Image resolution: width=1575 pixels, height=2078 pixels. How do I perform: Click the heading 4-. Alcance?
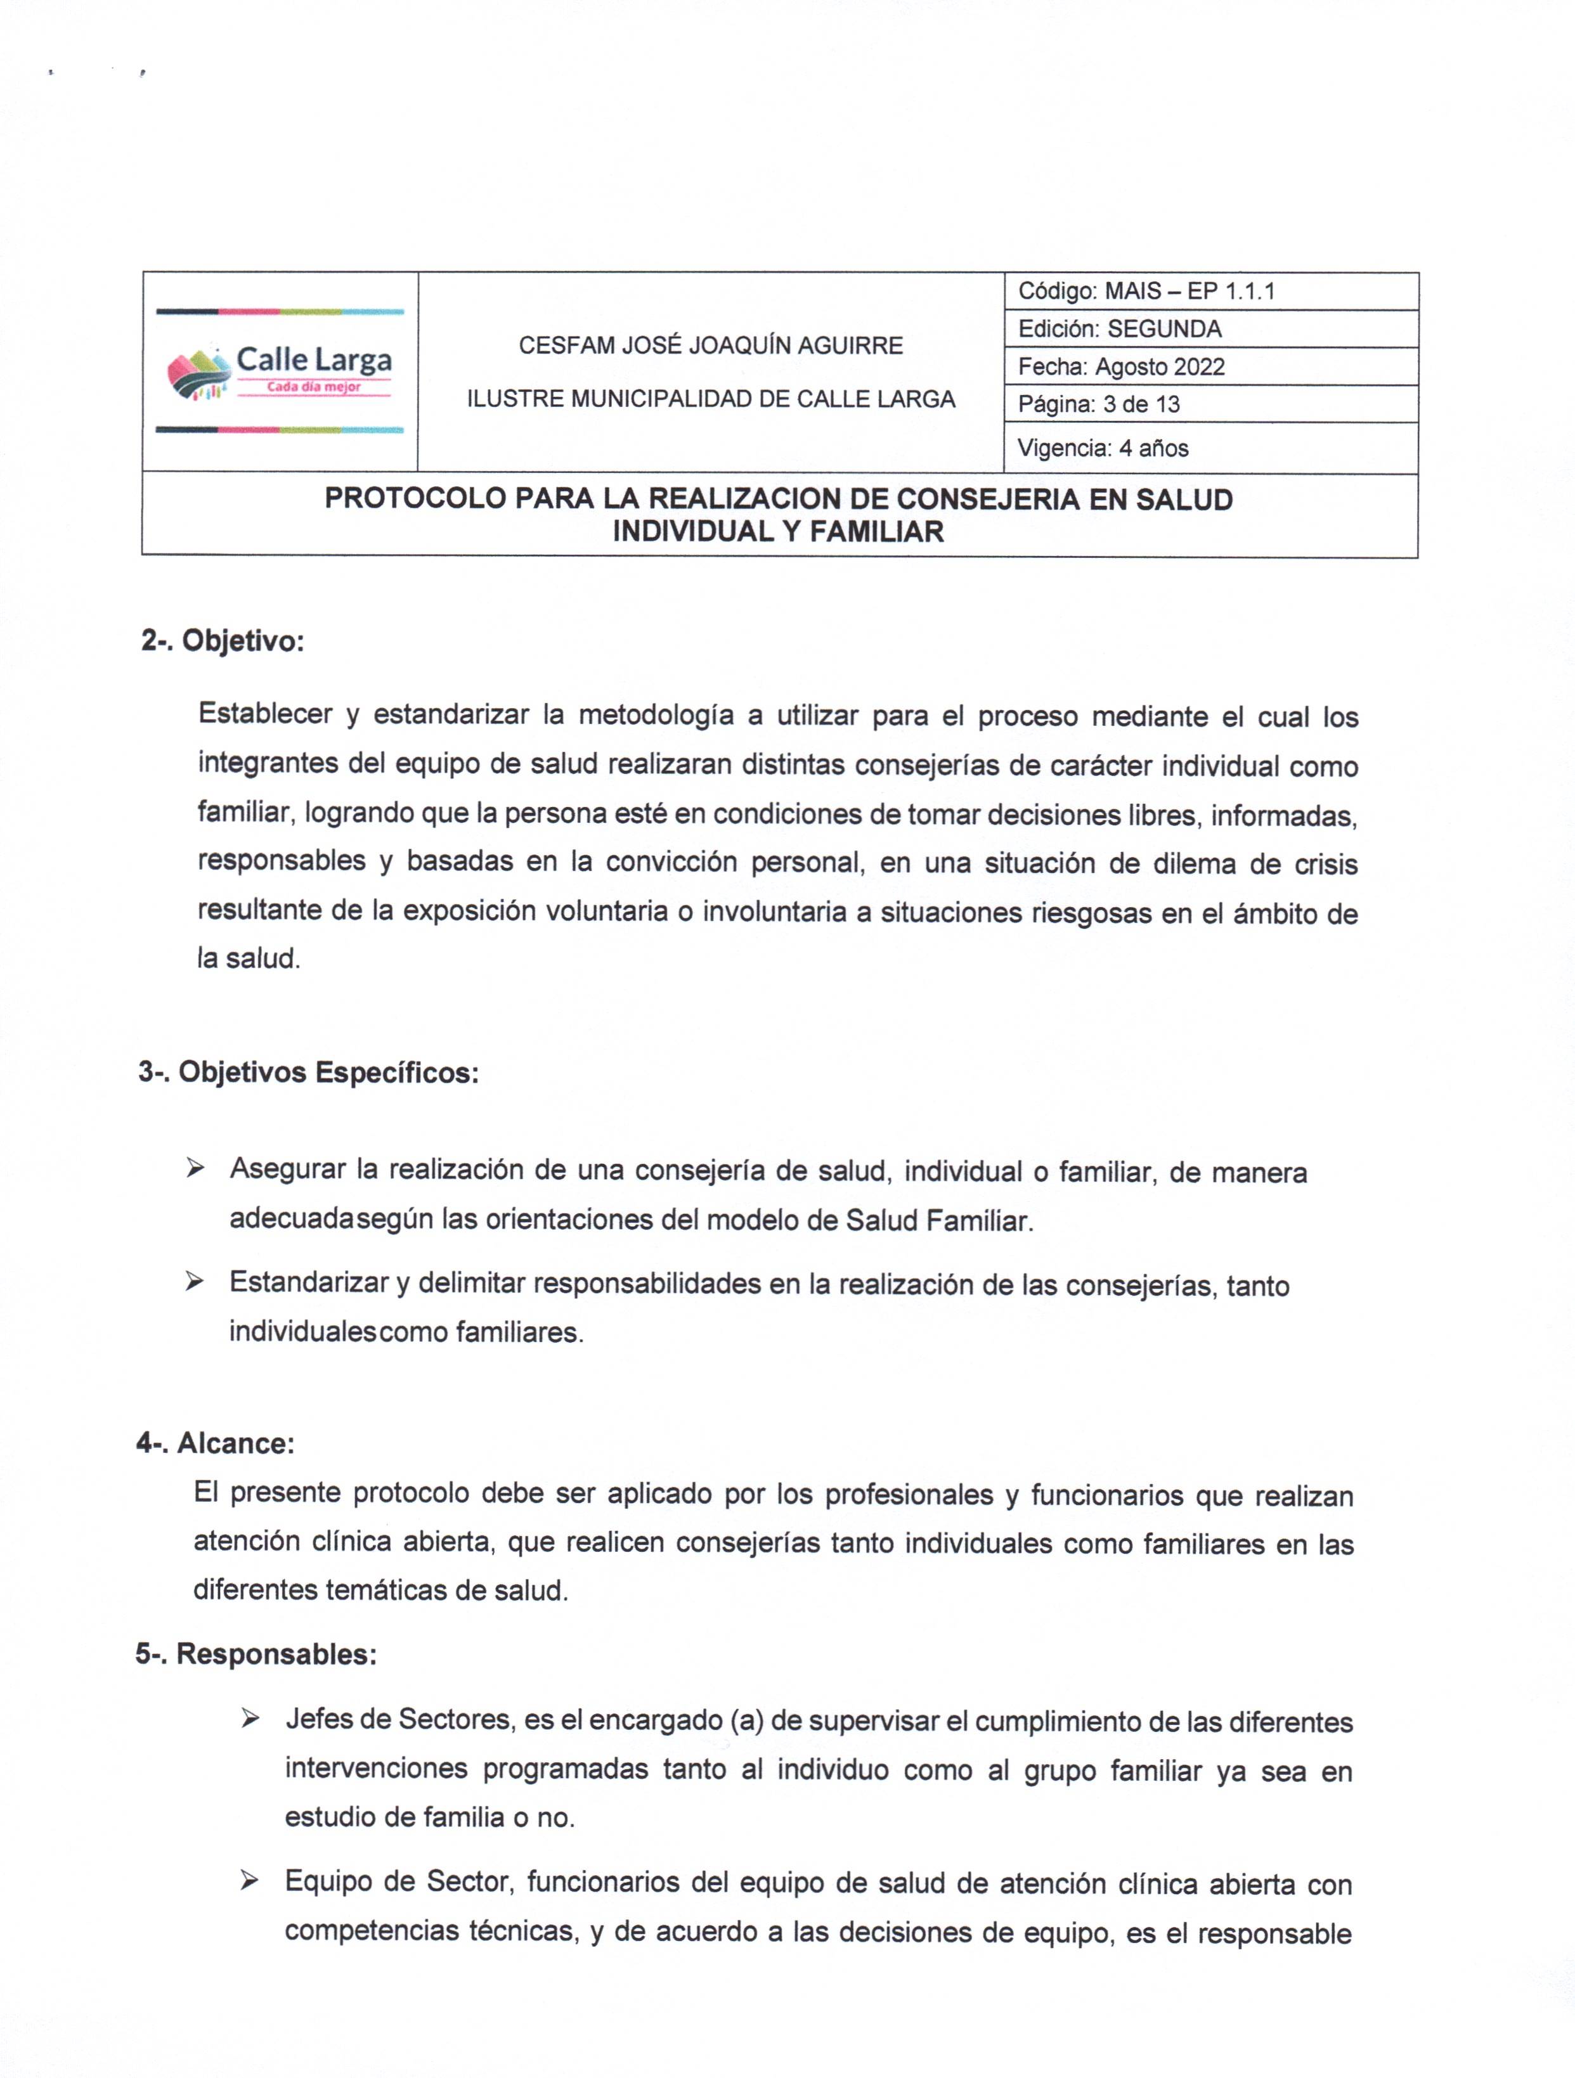(x=215, y=1443)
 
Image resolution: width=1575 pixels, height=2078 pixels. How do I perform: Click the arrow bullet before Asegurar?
(x=195, y=1170)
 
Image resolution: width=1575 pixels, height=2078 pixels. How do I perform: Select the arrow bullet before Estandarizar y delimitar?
(x=195, y=1282)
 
